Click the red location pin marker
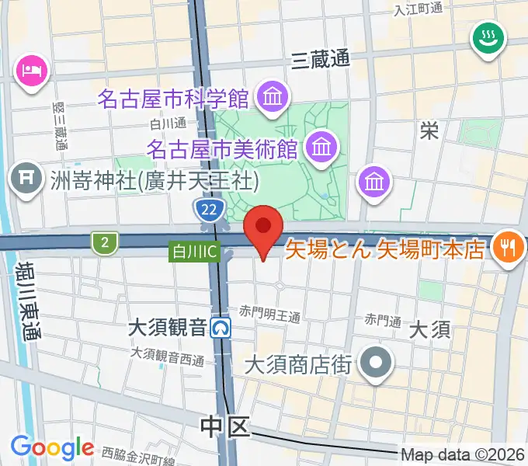click(263, 228)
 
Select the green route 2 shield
click(103, 243)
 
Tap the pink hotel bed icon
click(32, 73)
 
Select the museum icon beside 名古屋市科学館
click(273, 99)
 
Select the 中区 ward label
click(224, 425)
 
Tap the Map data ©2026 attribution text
click(463, 455)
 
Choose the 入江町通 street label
click(418, 9)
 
